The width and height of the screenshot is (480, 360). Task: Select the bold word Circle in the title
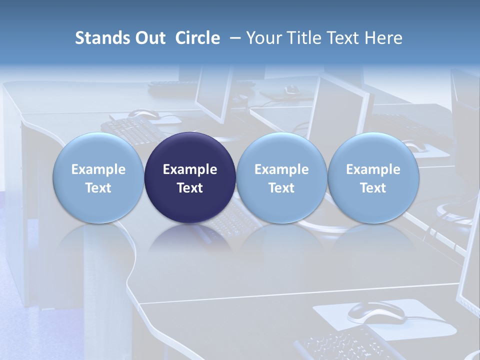(x=197, y=38)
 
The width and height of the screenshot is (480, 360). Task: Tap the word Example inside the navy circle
(x=190, y=169)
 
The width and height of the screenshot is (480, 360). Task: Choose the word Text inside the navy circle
(x=190, y=188)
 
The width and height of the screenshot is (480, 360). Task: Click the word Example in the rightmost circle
(x=373, y=169)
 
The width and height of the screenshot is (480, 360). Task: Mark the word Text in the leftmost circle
(x=98, y=188)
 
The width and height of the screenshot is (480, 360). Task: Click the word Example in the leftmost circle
(x=98, y=169)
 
